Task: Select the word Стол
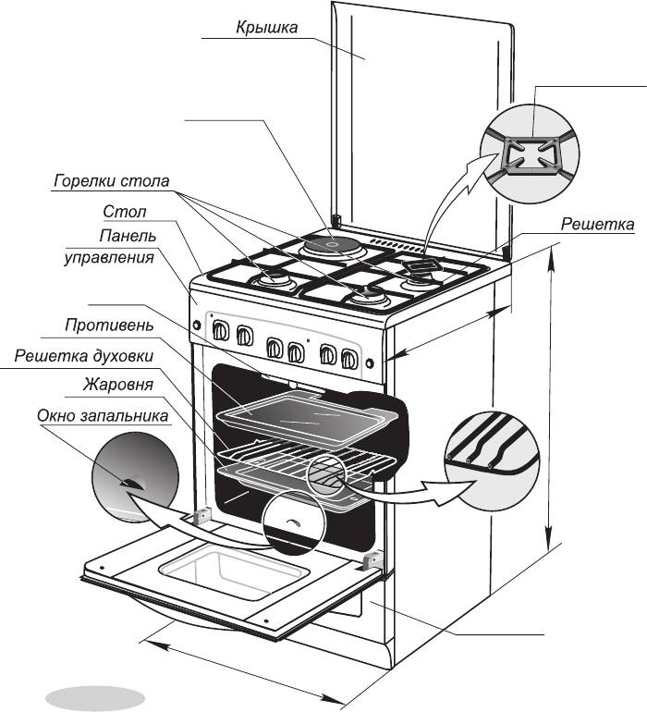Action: click(124, 213)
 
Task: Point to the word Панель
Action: click(127, 235)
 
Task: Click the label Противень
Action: click(108, 326)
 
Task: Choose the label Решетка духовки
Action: click(83, 355)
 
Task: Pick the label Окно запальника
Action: click(103, 416)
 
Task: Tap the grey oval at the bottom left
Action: click(96, 695)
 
